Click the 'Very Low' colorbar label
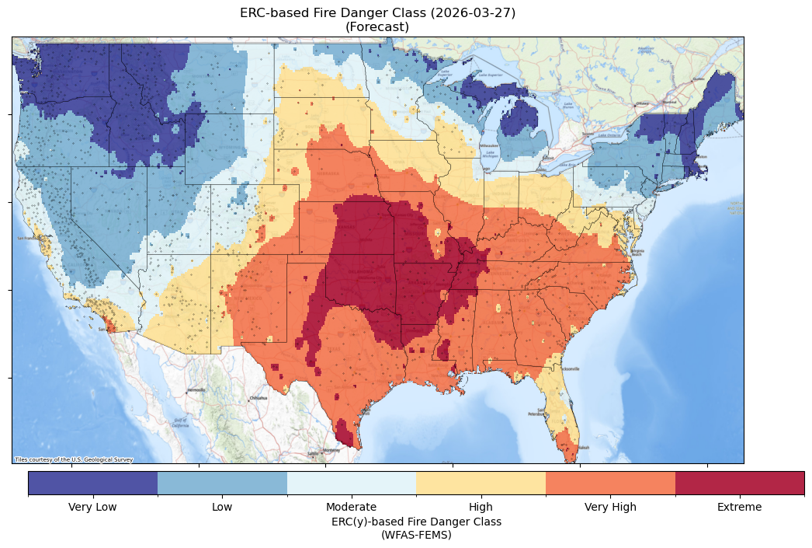pos(92,508)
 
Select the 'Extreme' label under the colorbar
pos(739,508)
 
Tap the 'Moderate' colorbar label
pos(351,508)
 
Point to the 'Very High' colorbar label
pos(610,508)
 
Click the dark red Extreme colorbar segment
pos(739,483)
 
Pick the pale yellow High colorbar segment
pos(481,483)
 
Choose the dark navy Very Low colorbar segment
pos(92,483)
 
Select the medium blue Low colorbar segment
pos(222,483)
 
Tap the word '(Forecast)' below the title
pos(377,27)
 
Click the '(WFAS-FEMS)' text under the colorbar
pos(416,535)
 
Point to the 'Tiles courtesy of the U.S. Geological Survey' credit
pos(74,459)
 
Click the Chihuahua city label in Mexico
pos(258,398)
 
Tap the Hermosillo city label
pos(196,389)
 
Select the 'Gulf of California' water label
pos(180,424)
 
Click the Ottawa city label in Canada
pos(642,103)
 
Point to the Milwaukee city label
pos(488,145)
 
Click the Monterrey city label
pos(331,450)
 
